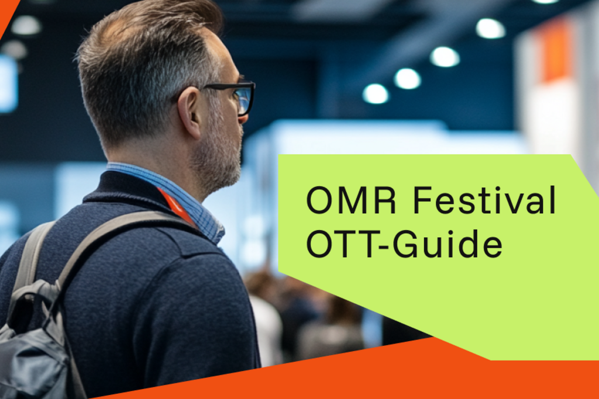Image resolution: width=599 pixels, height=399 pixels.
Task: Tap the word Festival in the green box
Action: [484, 200]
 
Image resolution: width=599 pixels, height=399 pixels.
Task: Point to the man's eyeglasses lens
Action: [245, 99]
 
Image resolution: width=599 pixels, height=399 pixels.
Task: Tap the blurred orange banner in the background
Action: [556, 51]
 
